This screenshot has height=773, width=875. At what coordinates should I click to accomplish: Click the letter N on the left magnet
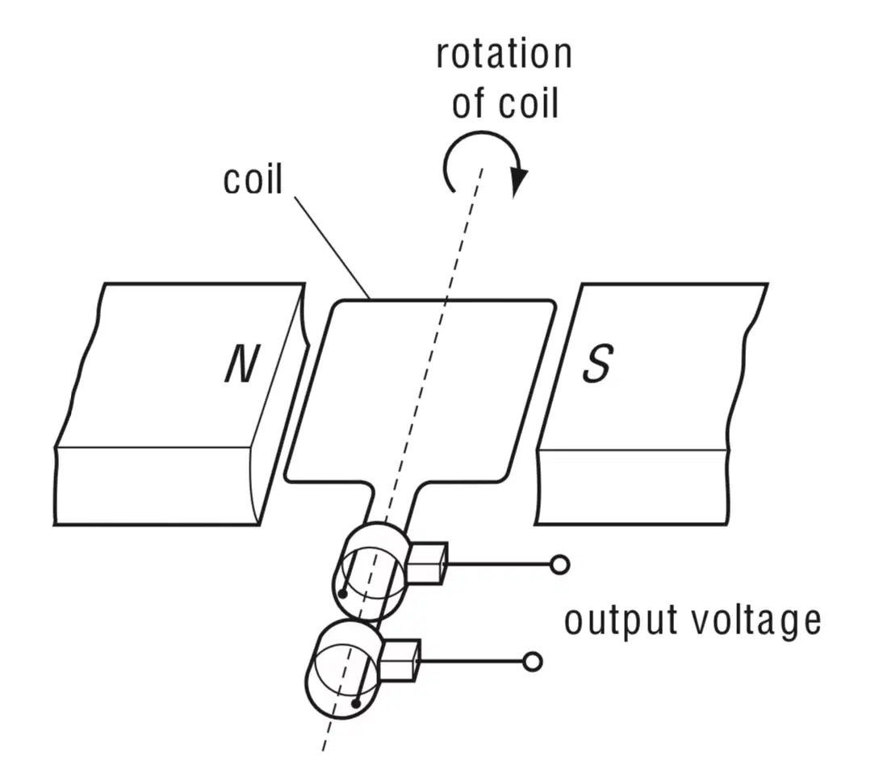point(243,363)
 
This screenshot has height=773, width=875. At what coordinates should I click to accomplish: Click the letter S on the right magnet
point(598,363)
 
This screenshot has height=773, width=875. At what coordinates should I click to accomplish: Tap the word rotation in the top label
point(504,54)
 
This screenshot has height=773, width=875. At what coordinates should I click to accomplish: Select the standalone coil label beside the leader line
point(253,179)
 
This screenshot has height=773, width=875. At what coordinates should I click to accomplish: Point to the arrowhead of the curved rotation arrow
point(519,181)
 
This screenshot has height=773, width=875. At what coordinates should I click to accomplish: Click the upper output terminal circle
point(559,565)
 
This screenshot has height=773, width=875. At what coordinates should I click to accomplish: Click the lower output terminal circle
point(533,662)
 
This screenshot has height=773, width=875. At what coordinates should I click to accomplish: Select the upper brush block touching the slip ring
point(427,562)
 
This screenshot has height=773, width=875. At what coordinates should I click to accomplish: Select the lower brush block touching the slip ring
point(400,660)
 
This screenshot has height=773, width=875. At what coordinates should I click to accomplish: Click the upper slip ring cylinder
point(371,571)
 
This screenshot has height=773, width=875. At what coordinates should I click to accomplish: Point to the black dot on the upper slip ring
point(343,595)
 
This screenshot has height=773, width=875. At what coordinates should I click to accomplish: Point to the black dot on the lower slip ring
point(356,704)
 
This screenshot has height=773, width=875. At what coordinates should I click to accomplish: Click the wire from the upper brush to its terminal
point(499,564)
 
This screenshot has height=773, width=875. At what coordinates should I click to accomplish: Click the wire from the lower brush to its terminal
point(471,662)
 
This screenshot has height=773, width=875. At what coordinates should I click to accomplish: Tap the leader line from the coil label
point(332,247)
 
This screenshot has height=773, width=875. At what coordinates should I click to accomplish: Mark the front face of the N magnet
point(157,486)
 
